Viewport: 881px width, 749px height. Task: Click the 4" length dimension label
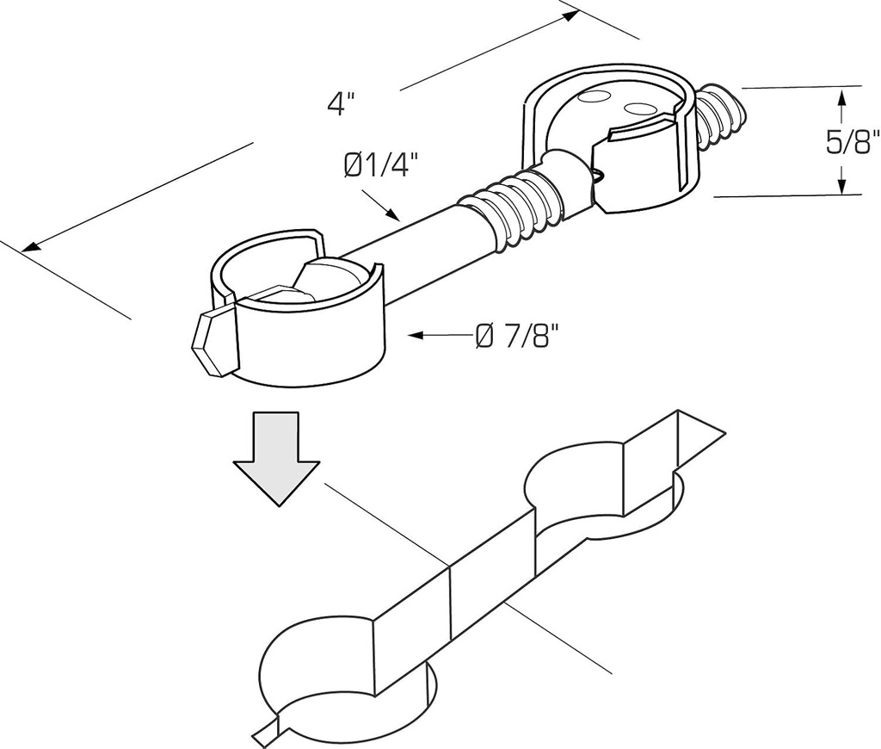click(x=341, y=104)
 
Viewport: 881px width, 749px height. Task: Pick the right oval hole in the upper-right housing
click(x=640, y=108)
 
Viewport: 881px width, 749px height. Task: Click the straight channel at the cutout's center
click(x=482, y=568)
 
